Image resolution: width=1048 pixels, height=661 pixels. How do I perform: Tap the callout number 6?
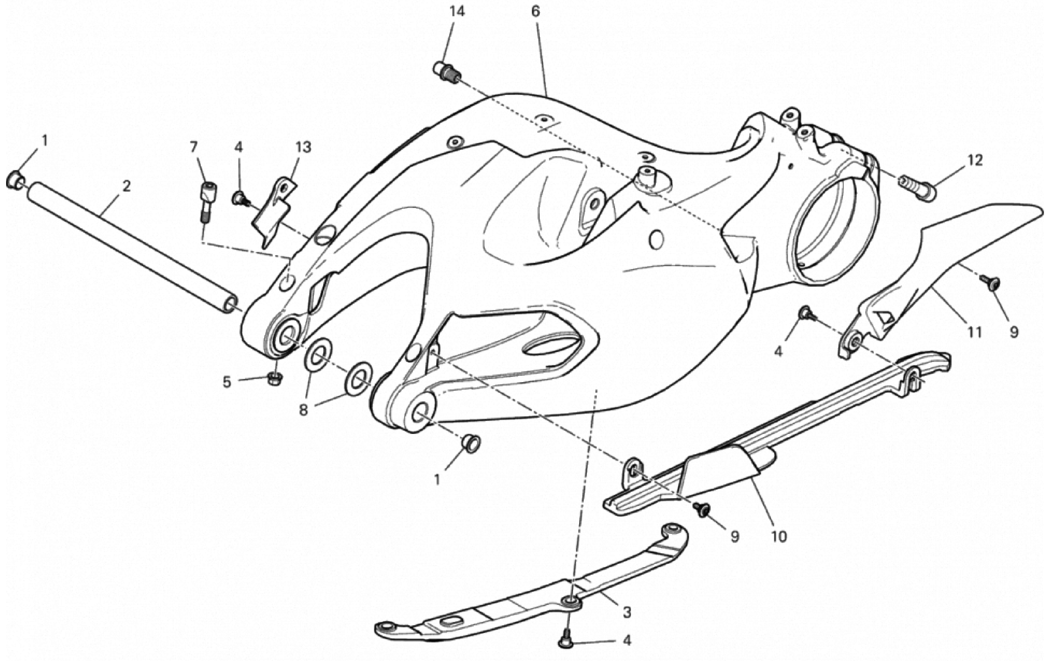point(535,12)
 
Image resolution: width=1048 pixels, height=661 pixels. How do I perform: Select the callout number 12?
point(976,161)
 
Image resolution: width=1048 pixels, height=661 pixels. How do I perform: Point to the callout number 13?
point(303,148)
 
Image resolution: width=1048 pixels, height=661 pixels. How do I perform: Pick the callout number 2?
point(126,186)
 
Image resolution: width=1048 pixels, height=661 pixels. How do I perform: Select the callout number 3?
point(627,612)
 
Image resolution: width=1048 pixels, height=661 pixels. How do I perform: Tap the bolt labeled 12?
point(917,188)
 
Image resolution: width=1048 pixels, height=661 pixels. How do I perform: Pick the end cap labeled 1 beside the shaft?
point(15,179)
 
